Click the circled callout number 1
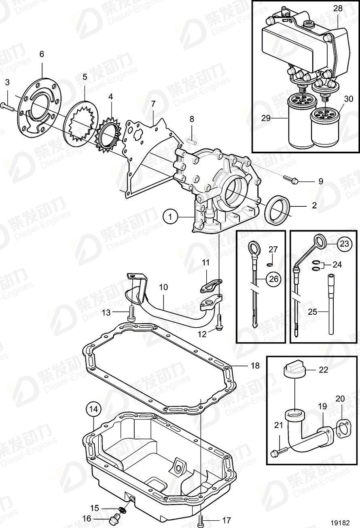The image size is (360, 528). point(171,217)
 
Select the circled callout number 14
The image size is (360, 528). point(93,409)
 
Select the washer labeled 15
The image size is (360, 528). point(122,509)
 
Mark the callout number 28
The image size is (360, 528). point(338,8)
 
